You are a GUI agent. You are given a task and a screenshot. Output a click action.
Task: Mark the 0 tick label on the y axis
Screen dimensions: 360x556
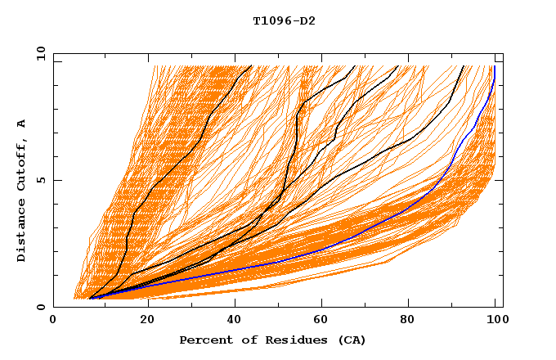coord(40,308)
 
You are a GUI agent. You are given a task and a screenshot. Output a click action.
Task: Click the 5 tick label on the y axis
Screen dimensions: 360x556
coord(40,180)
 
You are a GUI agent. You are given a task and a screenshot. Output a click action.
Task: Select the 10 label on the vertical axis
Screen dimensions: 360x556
coord(38,53)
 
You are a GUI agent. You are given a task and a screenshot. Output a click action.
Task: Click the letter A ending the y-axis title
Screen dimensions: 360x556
coord(22,123)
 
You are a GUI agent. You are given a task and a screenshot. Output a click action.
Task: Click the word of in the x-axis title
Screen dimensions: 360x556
coord(243,340)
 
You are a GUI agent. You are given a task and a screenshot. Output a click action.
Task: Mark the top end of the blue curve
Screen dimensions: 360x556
coord(495,66)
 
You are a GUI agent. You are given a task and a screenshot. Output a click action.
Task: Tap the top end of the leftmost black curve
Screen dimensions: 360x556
coord(251,66)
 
